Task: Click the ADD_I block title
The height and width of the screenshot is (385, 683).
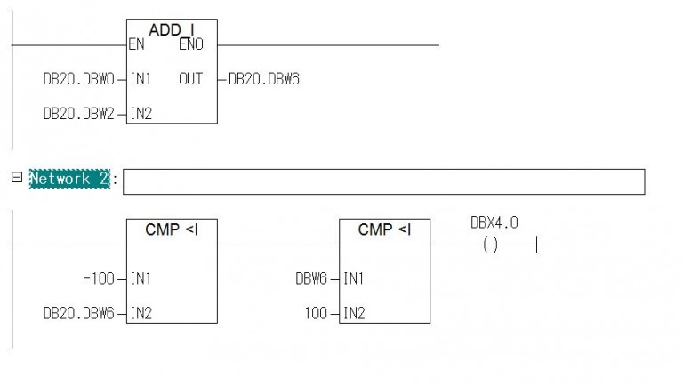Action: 171,29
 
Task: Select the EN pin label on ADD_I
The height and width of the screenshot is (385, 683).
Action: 136,44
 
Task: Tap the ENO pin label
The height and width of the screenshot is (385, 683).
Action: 191,44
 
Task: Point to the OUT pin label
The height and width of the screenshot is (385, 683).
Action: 190,79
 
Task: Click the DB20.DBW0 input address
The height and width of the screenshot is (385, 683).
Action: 78,79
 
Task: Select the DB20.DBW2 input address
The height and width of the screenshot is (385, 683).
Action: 78,114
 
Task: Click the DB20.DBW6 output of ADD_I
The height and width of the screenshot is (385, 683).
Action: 264,79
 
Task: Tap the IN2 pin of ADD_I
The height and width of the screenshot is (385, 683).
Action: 141,114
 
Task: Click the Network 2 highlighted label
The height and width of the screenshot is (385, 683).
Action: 69,179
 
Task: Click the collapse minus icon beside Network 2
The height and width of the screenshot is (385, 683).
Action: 17,177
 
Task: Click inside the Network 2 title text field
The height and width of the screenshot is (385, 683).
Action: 384,181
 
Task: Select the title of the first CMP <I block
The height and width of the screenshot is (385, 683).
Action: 172,229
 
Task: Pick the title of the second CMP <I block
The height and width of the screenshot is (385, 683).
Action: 384,229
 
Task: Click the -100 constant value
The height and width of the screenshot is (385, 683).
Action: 99,278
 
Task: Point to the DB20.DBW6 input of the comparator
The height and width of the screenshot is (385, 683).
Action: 78,313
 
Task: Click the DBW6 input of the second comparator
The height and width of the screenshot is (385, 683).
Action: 311,278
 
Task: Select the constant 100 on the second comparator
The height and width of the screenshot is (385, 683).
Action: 316,313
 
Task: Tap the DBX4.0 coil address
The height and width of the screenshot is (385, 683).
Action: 494,222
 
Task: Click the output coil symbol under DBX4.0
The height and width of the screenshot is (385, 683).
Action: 491,245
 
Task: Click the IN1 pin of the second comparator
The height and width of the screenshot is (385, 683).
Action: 353,278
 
